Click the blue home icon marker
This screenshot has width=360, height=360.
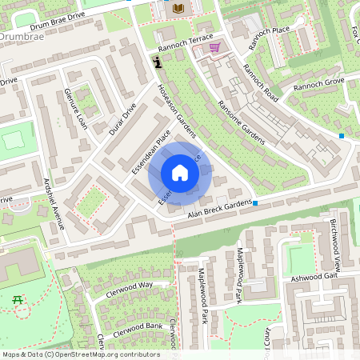[180, 174]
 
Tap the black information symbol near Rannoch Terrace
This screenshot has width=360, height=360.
[158, 62]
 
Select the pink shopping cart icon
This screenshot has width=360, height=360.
[214, 47]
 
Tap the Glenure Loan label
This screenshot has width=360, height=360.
[75, 108]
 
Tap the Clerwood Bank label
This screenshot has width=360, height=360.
[138, 330]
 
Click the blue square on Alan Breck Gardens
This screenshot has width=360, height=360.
[255, 203]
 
